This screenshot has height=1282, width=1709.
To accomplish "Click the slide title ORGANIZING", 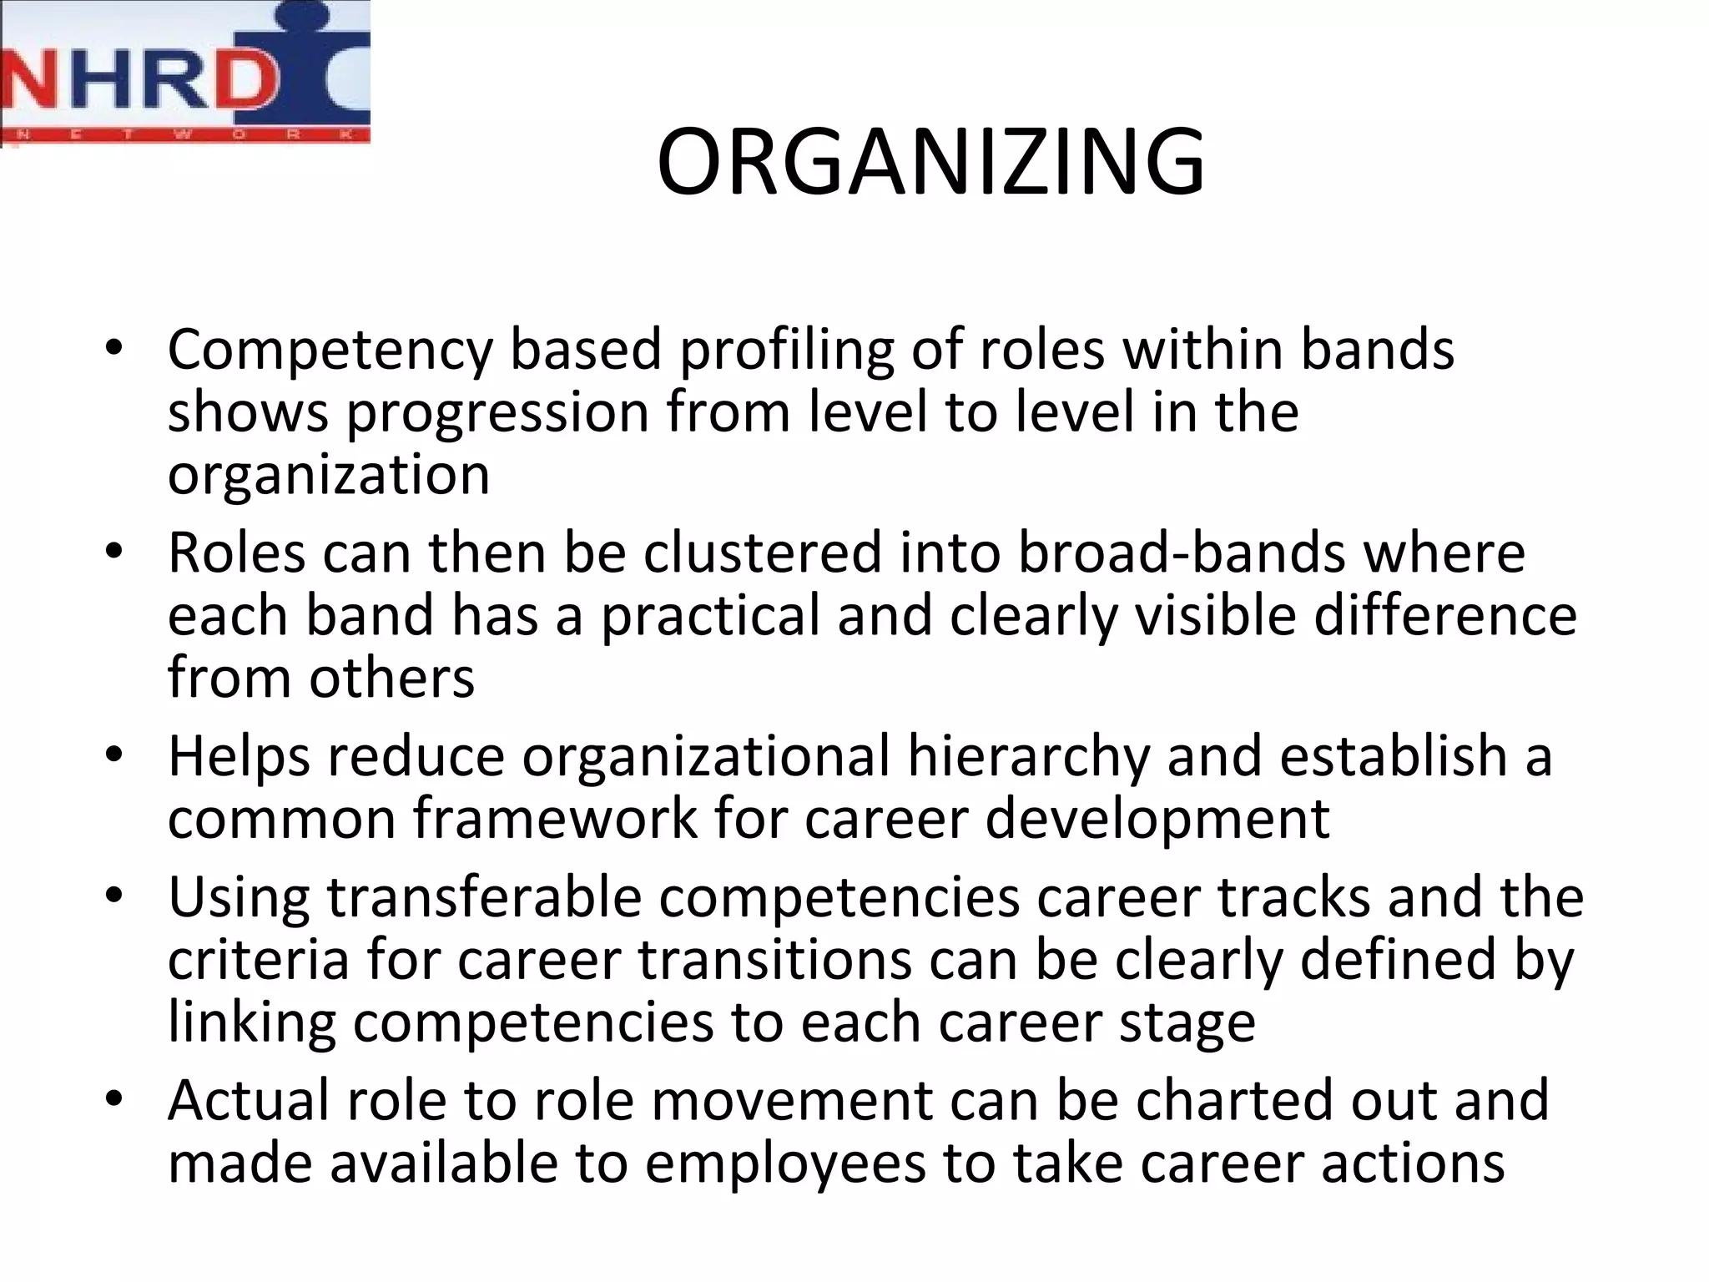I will coord(930,163).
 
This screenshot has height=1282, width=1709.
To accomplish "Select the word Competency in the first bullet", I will coord(330,351).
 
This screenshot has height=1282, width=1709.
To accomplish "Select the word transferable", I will coord(484,898).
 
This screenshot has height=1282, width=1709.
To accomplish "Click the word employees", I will coord(785,1163).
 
